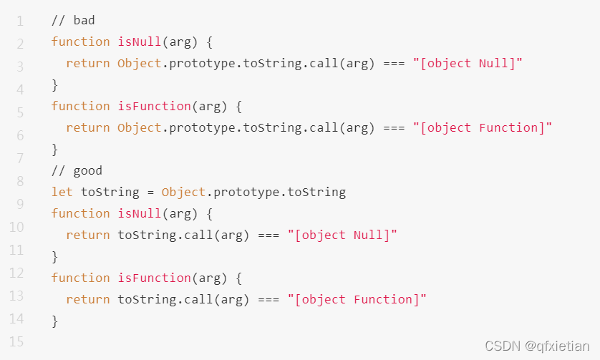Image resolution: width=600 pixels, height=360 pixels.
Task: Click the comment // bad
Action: (x=73, y=20)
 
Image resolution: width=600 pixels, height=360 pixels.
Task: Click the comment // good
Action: (x=77, y=170)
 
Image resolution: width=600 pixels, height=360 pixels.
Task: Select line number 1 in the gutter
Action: (x=20, y=21)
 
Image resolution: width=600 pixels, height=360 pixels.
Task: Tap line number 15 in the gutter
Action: (x=16, y=341)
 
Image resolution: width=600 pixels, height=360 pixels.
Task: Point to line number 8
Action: (x=20, y=181)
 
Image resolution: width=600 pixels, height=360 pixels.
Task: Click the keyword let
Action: (x=62, y=192)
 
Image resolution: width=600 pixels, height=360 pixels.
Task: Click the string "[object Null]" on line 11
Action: (x=342, y=235)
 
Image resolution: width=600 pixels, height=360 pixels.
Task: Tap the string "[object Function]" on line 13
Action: (x=357, y=299)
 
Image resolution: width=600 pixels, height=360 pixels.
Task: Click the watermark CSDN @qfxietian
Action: (x=537, y=346)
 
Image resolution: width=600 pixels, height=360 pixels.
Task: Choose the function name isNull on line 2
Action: (x=140, y=42)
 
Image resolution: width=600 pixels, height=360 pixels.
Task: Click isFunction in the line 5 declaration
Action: (x=154, y=106)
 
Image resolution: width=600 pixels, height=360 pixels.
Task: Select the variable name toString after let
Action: (x=110, y=192)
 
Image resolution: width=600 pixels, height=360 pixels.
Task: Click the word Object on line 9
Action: (x=183, y=192)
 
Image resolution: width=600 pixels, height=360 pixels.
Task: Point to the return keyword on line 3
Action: (x=87, y=63)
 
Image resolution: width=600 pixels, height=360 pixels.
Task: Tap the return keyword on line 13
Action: (x=87, y=299)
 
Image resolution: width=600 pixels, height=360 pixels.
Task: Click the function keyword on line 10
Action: (x=80, y=213)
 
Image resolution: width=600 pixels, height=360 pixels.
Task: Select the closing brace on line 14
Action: (x=54, y=321)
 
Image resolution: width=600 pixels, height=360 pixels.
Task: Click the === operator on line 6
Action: (x=394, y=127)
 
